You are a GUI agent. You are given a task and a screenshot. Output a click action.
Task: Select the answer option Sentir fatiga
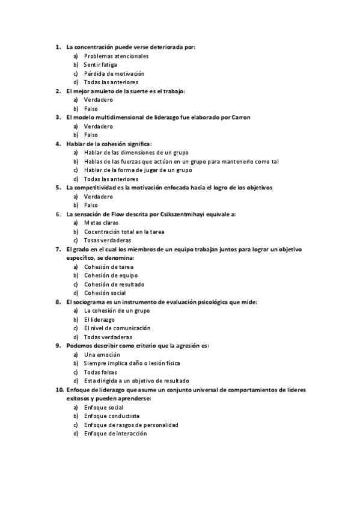[x=100, y=64]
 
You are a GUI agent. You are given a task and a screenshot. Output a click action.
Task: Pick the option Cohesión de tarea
[x=109, y=266]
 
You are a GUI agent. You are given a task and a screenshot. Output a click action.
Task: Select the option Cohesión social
[x=105, y=293]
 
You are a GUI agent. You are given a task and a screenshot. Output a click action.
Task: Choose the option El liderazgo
[x=99, y=319]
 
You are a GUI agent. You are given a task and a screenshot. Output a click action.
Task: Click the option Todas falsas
[x=100, y=372]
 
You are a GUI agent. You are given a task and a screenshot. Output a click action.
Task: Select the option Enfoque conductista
[x=111, y=416]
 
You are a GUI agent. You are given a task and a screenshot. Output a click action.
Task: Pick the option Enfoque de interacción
[x=115, y=434]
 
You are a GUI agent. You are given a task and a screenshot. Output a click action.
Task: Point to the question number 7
[x=58, y=249]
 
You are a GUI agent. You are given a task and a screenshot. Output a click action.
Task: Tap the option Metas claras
[x=102, y=223]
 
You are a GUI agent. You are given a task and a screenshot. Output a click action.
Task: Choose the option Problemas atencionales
[x=116, y=56]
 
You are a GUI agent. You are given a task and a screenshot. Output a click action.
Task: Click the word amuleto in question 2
[x=105, y=91]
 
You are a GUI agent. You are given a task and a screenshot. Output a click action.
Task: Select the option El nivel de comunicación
[x=117, y=328]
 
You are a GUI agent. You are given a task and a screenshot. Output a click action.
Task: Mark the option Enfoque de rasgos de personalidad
[x=131, y=425]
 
